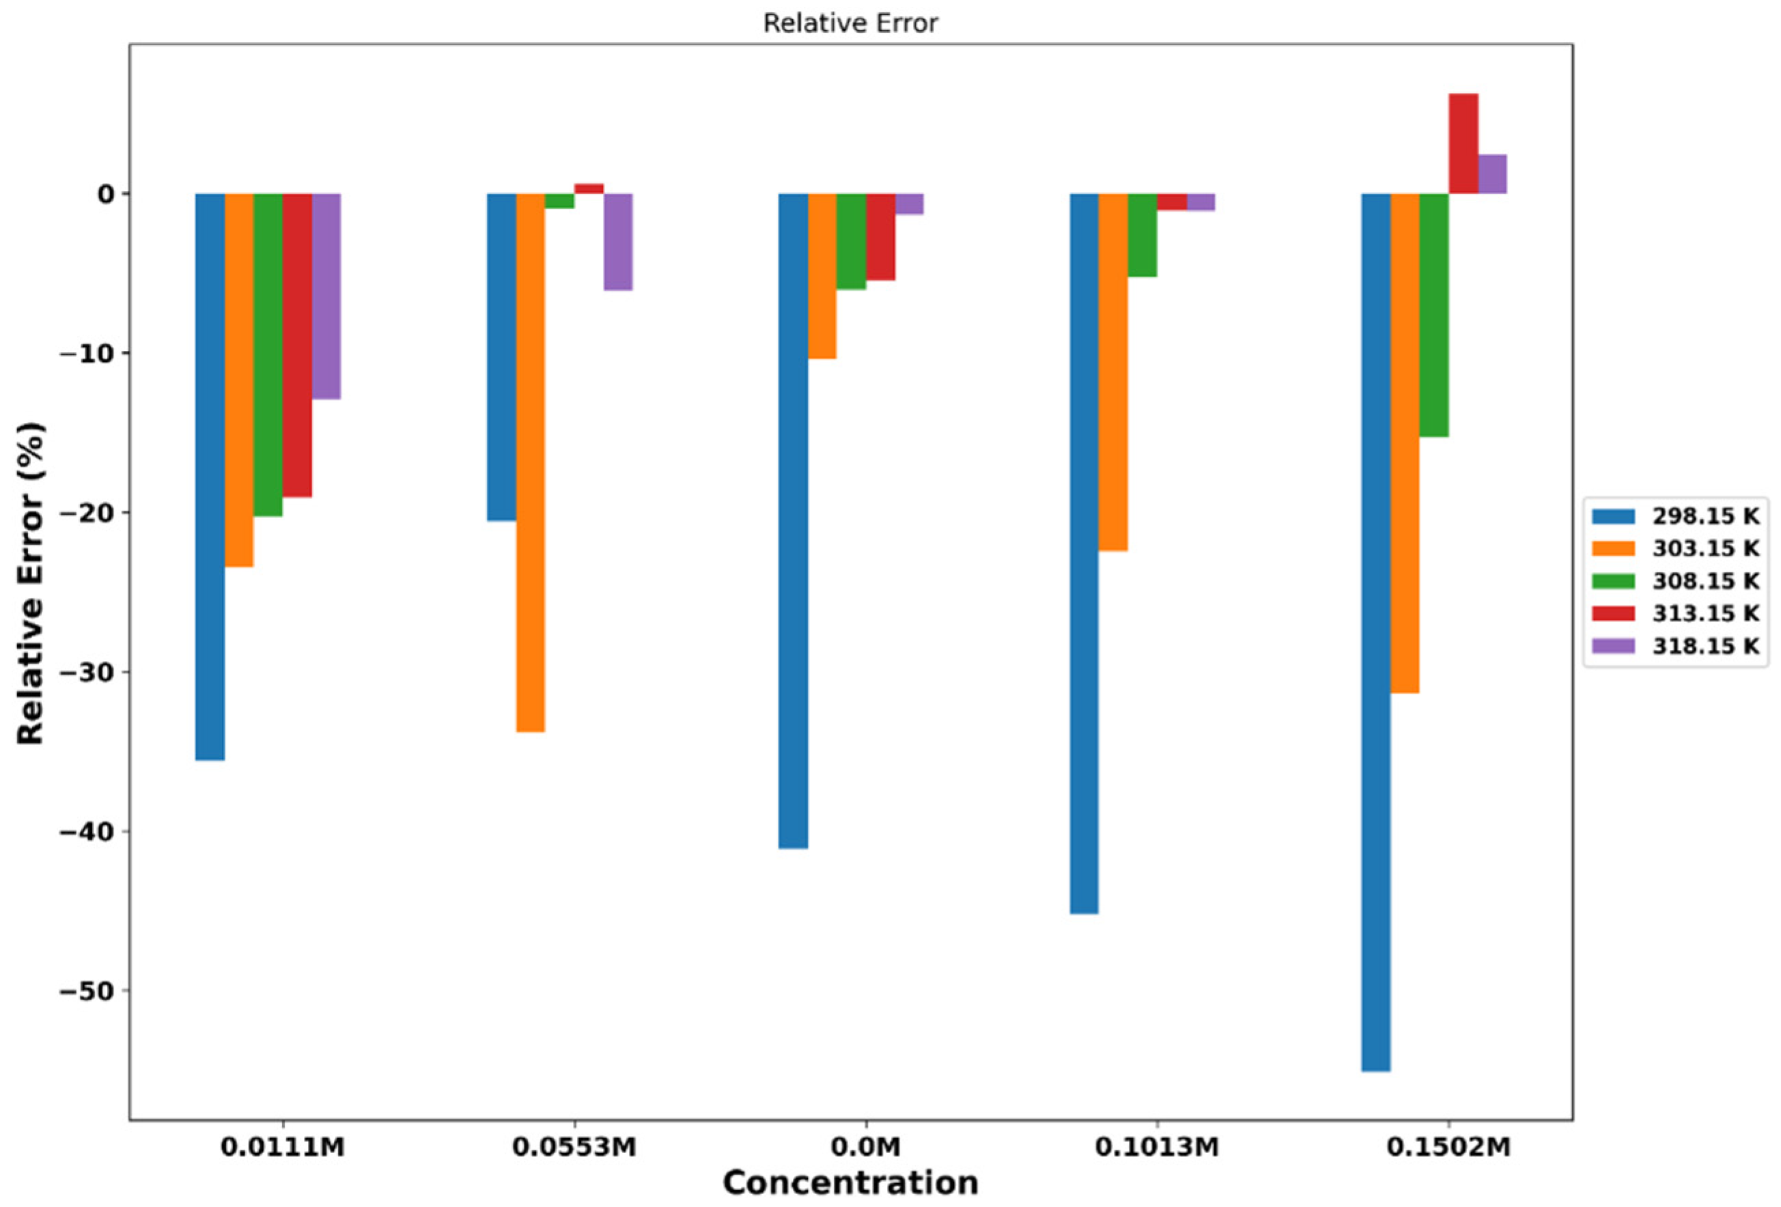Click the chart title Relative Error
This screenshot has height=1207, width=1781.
[850, 24]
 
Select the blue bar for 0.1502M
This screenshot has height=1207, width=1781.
[1375, 631]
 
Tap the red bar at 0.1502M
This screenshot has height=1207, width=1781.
[1463, 143]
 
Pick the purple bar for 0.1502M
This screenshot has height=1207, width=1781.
[1492, 174]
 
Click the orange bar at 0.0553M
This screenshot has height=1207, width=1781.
[531, 462]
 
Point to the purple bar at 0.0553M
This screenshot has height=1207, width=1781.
[617, 242]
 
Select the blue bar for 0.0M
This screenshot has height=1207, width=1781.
[792, 520]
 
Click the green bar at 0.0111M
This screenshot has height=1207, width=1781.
[268, 355]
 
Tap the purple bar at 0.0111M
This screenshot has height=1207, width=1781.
[326, 296]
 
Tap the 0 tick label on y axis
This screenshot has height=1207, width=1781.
[105, 194]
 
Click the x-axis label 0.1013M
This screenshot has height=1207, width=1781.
[1156, 1147]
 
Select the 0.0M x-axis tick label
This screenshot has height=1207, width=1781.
[866, 1147]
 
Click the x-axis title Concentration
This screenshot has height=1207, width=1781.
[850, 1182]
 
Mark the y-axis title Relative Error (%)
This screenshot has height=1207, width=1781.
[31, 582]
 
